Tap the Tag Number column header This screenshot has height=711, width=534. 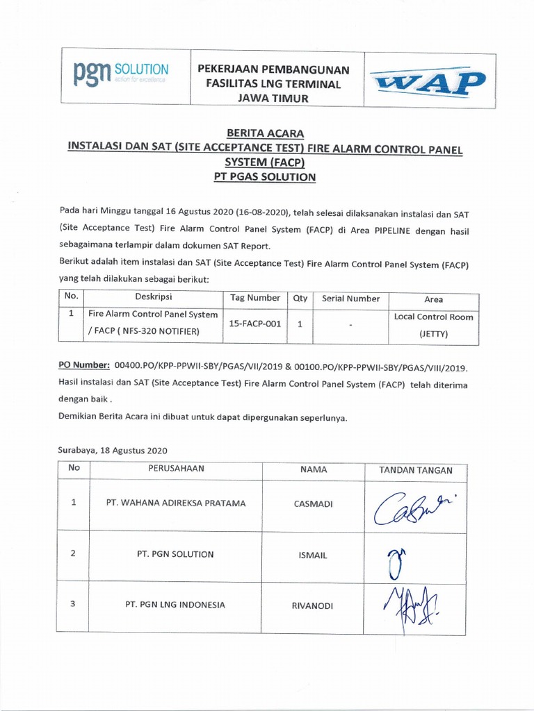pyautogui.click(x=254, y=298)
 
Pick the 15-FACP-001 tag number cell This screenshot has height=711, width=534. pyautogui.click(x=254, y=324)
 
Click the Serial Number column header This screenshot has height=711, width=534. pyautogui.click(x=350, y=299)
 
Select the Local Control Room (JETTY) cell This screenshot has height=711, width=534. pyautogui.click(x=433, y=325)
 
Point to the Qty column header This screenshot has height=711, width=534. pyautogui.click(x=300, y=298)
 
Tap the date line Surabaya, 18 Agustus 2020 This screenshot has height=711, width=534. pyautogui.click(x=112, y=451)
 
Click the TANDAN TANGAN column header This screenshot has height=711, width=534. pyautogui.click(x=416, y=470)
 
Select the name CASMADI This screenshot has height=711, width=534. pyautogui.click(x=314, y=504)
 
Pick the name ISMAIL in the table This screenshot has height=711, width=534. pyautogui.click(x=314, y=555)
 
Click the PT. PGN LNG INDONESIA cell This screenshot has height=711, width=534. pyautogui.click(x=175, y=605)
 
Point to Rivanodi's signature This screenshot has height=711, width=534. pyautogui.click(x=405, y=605)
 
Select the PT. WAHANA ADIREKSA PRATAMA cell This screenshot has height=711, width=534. pyautogui.click(x=175, y=503)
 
